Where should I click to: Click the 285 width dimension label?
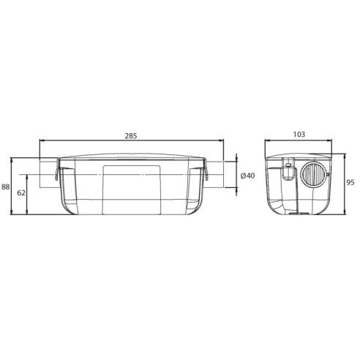(x=131, y=136)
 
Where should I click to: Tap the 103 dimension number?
(x=299, y=135)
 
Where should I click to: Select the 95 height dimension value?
(x=350, y=182)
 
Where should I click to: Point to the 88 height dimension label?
(x=6, y=187)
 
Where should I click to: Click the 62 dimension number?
(x=21, y=193)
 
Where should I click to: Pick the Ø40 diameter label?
(x=247, y=176)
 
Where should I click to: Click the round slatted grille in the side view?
(x=314, y=173)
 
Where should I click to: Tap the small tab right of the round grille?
(x=328, y=174)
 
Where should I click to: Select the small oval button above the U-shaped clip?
(x=288, y=165)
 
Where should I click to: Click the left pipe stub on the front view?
(x=48, y=174)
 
